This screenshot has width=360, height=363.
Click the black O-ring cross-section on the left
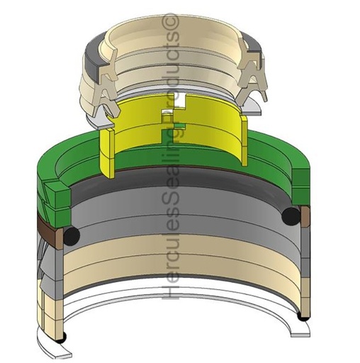72,235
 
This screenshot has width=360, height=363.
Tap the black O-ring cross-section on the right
291,216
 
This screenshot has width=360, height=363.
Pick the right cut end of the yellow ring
244,140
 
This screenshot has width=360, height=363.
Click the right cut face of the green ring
301,186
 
